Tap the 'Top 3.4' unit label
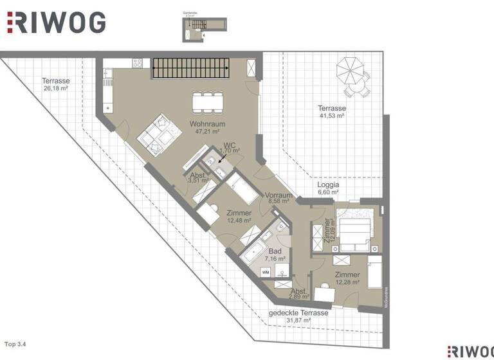pyautogui.click(x=17, y=344)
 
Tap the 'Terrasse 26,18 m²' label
pyautogui.click(x=55, y=85)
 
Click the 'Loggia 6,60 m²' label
pyautogui.click(x=328, y=188)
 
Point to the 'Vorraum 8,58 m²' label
pyautogui.click(x=279, y=199)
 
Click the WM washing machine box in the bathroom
pyautogui.click(x=265, y=273)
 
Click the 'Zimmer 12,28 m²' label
pyautogui.click(x=347, y=279)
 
